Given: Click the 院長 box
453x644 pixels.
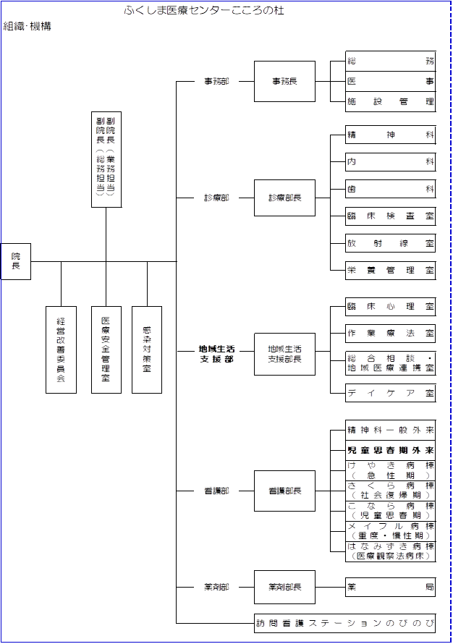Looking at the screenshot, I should tap(15, 261).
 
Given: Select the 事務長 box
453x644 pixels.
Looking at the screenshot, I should tap(284, 81).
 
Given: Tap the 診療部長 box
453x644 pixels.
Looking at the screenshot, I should tap(284, 198).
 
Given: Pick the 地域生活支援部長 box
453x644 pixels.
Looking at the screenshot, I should tap(284, 354).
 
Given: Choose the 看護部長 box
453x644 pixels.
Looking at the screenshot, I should tap(284, 491).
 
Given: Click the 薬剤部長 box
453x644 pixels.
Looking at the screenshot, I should tap(284, 587).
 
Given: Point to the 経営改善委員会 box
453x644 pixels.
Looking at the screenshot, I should tap(61, 349).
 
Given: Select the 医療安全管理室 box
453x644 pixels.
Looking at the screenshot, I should tap(106, 349).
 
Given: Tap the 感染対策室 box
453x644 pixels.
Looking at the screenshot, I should tap(147, 349).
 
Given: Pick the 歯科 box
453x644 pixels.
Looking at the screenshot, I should tap(391, 190).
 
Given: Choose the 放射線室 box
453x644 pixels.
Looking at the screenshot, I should tap(391, 243).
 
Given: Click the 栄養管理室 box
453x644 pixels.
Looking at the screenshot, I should tap(391, 271).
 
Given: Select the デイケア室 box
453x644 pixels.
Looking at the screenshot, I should tap(391, 393).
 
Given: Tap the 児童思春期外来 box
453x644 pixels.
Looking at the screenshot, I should tap(391, 449).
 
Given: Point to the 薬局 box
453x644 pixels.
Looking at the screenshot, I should tap(391, 587).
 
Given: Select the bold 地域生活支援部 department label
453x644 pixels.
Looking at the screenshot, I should tap(216, 354).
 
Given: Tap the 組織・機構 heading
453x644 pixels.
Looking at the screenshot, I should tap(27, 26).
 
